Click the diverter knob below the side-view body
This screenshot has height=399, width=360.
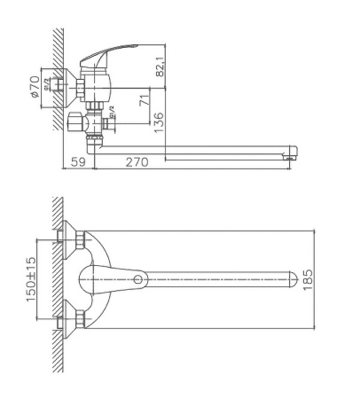coord(76,121)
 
